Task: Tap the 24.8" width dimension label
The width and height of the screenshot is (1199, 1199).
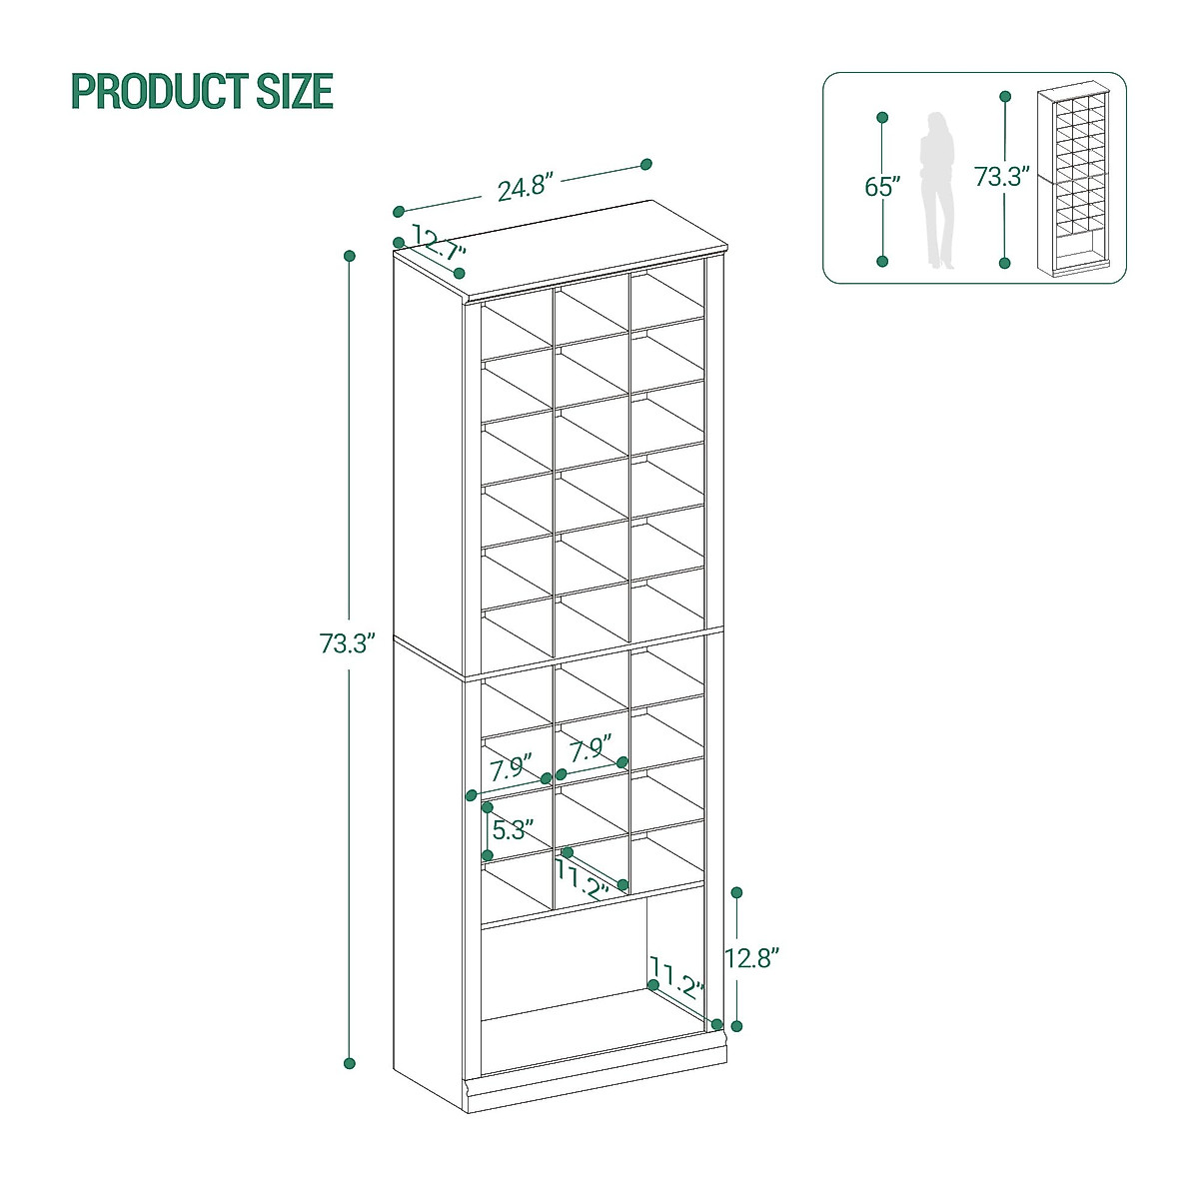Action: point(526,188)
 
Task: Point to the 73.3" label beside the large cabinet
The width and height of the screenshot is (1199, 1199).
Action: point(346,643)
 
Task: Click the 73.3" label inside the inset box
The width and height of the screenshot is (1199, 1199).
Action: point(1002,177)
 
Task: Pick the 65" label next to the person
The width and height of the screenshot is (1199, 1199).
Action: point(882,187)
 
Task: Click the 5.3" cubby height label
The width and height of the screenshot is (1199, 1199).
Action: point(510,829)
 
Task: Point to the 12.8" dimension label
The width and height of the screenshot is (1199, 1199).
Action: point(751,958)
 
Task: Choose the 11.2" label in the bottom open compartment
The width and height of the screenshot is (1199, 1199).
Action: point(677,976)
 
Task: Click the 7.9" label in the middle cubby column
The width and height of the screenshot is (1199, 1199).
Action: point(591,749)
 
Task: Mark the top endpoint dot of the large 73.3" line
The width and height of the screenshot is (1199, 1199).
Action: point(350,256)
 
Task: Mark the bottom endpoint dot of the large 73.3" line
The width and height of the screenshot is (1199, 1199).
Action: point(350,1063)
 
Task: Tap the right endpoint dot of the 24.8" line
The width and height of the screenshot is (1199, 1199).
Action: point(646,164)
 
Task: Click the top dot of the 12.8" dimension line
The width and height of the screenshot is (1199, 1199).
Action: point(737,891)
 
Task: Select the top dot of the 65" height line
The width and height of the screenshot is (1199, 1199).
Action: point(882,118)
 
